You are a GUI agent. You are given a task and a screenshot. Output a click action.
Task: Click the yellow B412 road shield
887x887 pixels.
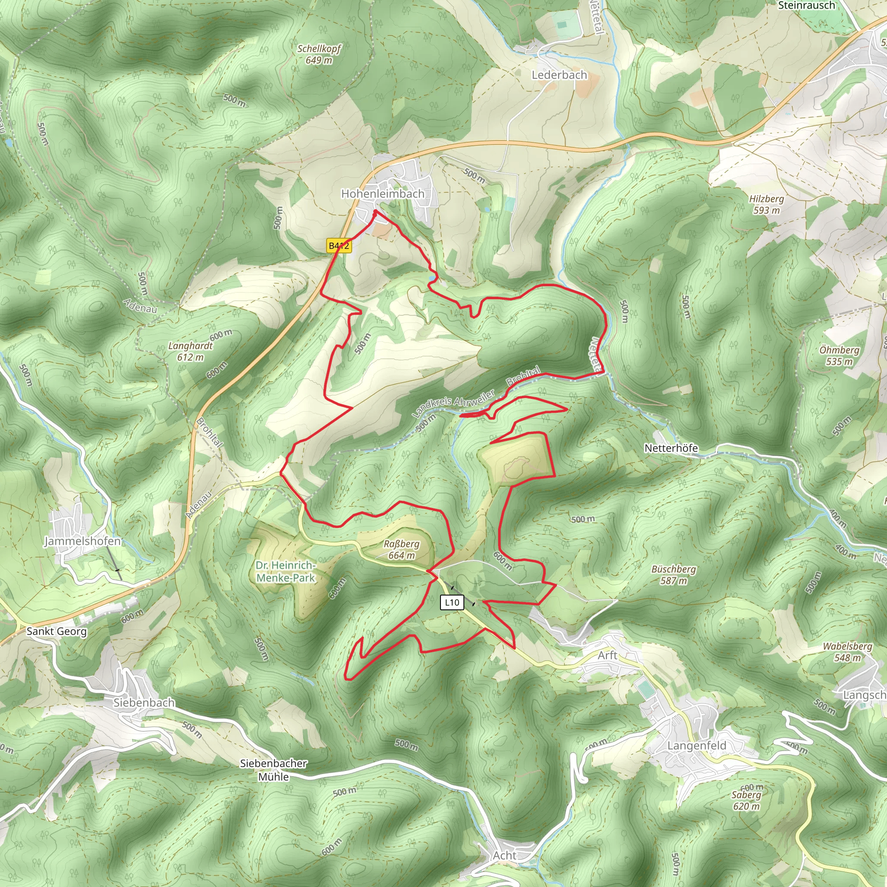[x=339, y=246]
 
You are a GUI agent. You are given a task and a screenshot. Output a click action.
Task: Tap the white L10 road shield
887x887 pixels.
[x=452, y=602]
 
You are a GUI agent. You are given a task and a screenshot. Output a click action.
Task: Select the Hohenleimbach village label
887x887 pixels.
[x=382, y=194]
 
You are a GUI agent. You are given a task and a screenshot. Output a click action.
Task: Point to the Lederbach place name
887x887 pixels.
[x=559, y=75]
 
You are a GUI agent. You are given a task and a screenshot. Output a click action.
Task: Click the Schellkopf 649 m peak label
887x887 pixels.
[x=319, y=54]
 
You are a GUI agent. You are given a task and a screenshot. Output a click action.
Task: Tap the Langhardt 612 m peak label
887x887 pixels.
[x=191, y=351]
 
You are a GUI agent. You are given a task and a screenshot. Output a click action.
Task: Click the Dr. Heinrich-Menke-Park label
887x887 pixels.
[x=285, y=572]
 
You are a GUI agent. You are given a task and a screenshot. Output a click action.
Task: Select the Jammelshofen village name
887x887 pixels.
[x=83, y=541]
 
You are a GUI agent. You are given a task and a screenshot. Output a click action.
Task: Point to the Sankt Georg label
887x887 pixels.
[x=56, y=631]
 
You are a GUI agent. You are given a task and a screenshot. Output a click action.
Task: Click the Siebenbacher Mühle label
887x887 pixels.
[x=274, y=770]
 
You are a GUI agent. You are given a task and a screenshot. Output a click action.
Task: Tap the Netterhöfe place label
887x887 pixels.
[x=671, y=448]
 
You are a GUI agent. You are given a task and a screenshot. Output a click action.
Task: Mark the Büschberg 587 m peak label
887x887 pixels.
[x=673, y=575]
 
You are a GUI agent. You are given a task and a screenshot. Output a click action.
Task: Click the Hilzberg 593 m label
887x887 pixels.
[x=766, y=204]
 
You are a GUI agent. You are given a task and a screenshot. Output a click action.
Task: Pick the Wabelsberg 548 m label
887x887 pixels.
[x=847, y=652]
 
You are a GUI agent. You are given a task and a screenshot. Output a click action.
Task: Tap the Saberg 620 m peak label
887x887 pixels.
[x=746, y=800]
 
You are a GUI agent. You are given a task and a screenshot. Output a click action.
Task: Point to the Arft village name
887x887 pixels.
[x=607, y=656]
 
